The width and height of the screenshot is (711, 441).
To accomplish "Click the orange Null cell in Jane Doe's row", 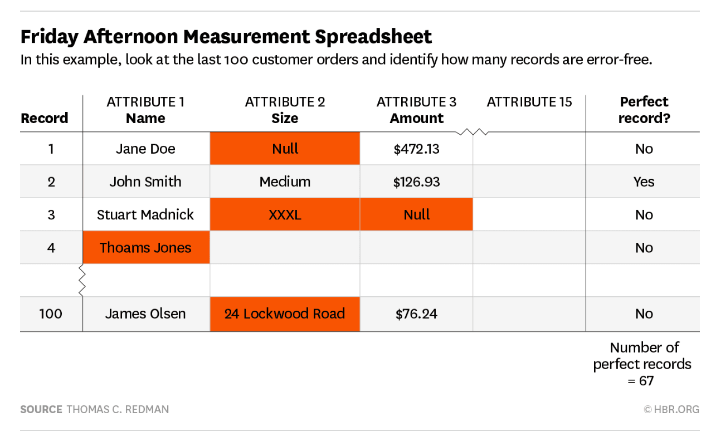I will tap(285, 149).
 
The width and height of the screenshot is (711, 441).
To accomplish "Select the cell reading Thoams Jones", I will tap(145, 248).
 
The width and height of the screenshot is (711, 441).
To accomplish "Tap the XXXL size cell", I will tap(285, 215).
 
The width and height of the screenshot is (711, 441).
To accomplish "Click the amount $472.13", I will tap(416, 149).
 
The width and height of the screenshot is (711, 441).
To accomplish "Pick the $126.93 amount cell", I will tap(416, 182).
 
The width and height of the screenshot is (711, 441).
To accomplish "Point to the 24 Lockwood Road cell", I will tap(285, 313).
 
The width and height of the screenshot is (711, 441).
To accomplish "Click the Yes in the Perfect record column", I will tap(644, 182).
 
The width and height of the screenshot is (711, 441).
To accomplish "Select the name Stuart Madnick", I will tap(145, 215).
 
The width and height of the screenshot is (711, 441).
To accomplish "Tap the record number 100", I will tap(51, 313).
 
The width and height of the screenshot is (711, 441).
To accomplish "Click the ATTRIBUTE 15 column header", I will tap(529, 102).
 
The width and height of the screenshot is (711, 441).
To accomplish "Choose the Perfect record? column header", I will tap(644, 110).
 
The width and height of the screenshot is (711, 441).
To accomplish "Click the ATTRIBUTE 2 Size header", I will tap(285, 110).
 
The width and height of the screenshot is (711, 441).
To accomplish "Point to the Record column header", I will tap(44, 118).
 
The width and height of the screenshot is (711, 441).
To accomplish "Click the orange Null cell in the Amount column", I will tap(416, 215).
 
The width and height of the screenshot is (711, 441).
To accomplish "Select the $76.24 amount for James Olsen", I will tap(416, 313).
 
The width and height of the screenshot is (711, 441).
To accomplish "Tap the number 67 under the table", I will tap(646, 381).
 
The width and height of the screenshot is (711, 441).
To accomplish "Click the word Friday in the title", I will tap(49, 37).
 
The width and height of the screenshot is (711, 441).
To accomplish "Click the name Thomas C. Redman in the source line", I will tap(118, 409).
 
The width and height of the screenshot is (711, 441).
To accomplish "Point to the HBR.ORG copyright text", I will tap(671, 409).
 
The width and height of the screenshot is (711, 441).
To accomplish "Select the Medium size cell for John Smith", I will tap(285, 182).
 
